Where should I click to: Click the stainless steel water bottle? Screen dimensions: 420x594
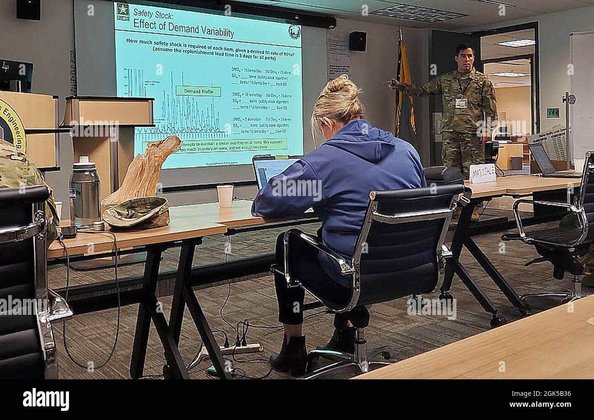point(85,192)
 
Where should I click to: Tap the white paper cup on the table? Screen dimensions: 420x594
point(225,196)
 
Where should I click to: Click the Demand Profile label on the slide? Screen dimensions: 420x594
point(198,91)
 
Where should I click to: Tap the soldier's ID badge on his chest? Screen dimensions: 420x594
point(461,103)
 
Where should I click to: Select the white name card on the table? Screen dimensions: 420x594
point(482,173)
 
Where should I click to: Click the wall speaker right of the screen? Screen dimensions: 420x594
point(357,41)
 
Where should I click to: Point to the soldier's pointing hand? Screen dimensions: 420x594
point(392,84)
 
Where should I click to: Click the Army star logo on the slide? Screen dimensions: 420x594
point(122,10)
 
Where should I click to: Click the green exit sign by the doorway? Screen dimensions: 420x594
point(552,112)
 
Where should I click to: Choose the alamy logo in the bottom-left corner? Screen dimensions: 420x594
point(46,399)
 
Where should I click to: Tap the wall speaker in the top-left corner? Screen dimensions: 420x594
point(28,10)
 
